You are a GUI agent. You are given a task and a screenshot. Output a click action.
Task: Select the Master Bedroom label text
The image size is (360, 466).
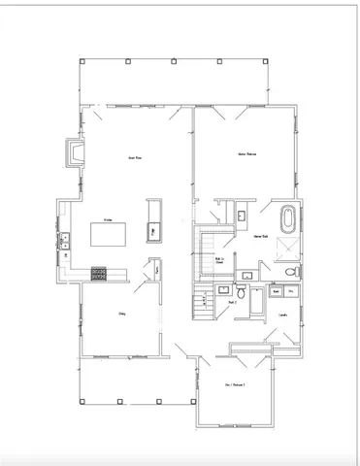[x=246, y=154]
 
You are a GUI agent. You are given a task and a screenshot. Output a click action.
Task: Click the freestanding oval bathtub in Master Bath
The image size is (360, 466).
[x=289, y=219]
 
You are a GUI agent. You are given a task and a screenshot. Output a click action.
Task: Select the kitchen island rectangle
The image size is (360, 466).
[x=109, y=234]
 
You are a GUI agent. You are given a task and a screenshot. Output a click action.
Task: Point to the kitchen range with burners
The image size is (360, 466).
[x=99, y=273]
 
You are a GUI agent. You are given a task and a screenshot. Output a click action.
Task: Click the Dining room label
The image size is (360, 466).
[x=123, y=314]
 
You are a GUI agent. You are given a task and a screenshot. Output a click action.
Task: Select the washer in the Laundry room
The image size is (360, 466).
[x=276, y=290]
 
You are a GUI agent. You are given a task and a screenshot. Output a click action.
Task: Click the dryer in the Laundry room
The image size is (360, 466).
[x=292, y=290]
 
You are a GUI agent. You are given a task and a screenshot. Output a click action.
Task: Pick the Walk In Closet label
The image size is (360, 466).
[x=220, y=259]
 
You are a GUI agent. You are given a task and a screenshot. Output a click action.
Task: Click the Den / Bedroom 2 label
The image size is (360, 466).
[x=236, y=385]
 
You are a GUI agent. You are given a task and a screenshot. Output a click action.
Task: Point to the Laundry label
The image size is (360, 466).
[x=282, y=315]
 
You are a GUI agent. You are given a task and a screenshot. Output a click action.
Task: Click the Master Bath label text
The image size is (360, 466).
[x=261, y=236]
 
